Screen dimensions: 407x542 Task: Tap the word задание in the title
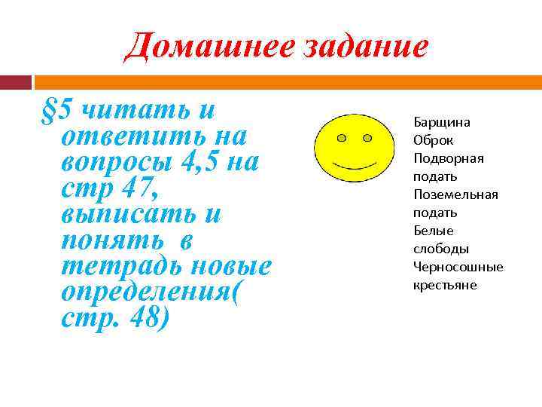point(359,47)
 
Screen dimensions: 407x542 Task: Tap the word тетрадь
point(120,265)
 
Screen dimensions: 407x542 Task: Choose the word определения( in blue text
point(154,291)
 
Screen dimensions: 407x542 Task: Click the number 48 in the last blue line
point(148,317)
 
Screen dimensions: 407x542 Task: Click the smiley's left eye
point(342,139)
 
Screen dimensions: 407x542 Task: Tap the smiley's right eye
point(367,138)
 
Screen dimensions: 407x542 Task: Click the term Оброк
point(433,140)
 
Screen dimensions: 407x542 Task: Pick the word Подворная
point(448,158)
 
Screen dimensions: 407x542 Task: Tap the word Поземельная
point(455,194)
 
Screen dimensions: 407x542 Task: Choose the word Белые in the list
point(433,231)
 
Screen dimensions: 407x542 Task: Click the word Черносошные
point(458,267)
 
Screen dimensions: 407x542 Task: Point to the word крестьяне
point(444,285)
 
